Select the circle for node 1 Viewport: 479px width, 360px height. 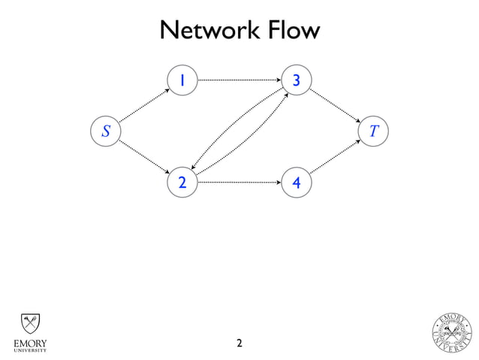click(x=182, y=80)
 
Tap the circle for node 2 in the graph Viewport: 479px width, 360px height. click(x=182, y=182)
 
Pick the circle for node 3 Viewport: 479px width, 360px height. click(x=297, y=80)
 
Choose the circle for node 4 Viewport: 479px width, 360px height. click(x=297, y=182)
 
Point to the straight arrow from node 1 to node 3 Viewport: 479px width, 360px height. click(x=239, y=79)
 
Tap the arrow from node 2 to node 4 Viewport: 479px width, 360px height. click(x=239, y=182)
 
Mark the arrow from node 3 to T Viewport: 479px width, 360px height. click(x=335, y=105)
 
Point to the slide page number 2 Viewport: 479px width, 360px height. click(x=239, y=344)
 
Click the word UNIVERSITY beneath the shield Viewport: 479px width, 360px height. click(x=29, y=350)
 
